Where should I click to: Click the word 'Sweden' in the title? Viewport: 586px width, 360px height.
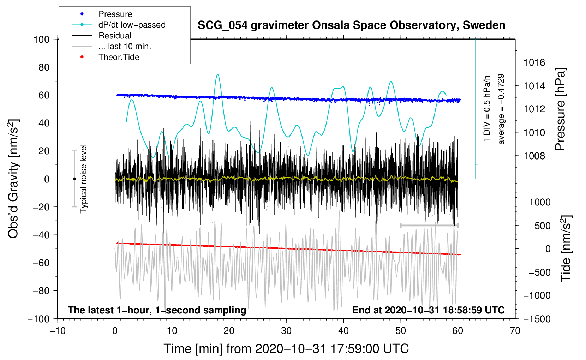click(484, 25)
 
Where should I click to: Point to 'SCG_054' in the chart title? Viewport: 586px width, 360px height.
click(222, 26)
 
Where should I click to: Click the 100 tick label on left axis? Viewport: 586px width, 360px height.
click(42, 40)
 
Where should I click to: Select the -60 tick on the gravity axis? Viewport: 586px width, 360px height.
click(41, 263)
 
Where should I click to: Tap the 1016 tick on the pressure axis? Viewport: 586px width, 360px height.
click(534, 62)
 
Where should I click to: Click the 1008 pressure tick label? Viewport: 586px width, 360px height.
click(534, 156)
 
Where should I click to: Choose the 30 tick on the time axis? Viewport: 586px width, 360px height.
click(286, 331)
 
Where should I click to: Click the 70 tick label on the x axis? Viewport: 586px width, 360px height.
click(515, 331)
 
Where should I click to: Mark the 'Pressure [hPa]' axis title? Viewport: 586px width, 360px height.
click(560, 109)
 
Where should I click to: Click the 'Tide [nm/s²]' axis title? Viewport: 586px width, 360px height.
click(566, 248)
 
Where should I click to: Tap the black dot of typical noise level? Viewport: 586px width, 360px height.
click(74, 179)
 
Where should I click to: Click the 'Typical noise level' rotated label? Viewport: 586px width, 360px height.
click(83, 179)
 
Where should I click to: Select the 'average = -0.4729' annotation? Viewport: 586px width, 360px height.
click(501, 109)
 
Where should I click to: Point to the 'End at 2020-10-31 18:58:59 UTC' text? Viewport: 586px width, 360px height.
click(428, 310)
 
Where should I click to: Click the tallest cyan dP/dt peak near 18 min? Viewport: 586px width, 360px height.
click(218, 74)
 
